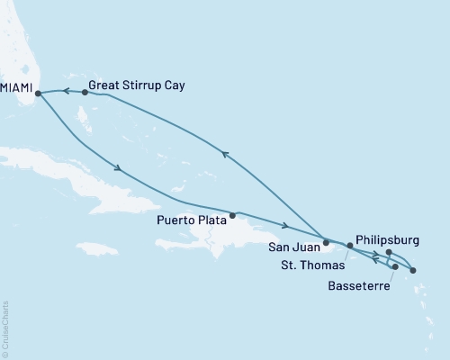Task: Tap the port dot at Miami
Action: tap(38, 92)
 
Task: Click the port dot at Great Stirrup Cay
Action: tap(85, 92)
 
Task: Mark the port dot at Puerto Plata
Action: tap(233, 215)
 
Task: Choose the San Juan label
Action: tap(294, 244)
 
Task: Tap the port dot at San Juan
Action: tap(326, 242)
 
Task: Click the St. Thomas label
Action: tap(308, 265)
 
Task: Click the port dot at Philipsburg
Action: tap(388, 253)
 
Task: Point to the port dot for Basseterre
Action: tap(394, 267)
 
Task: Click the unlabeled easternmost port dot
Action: tap(412, 270)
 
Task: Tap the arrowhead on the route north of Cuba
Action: tap(118, 168)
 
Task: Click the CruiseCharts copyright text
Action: tap(5, 328)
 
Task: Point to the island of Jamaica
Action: tap(97, 247)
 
